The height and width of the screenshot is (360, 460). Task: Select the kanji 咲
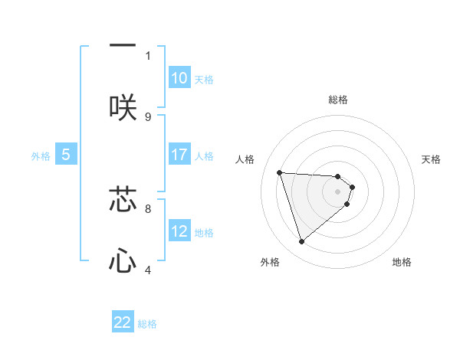[123, 107]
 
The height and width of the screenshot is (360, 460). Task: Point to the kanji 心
[123, 260]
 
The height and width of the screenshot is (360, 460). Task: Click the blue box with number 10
[179, 78]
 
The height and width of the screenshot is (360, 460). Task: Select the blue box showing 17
[179, 155]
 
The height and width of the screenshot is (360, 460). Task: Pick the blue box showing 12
[179, 231]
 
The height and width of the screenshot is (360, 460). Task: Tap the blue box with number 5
[66, 155]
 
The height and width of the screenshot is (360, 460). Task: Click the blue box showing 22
[123, 322]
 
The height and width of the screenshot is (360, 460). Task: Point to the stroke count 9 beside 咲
[148, 116]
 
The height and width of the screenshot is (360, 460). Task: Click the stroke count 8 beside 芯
[148, 208]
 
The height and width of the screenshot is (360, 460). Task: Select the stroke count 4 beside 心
[148, 270]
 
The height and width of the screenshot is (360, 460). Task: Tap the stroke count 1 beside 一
[148, 55]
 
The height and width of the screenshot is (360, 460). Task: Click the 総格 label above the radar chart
[338, 100]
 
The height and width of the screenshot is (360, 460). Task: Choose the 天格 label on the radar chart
[432, 159]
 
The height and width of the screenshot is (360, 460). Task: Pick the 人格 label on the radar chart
[245, 159]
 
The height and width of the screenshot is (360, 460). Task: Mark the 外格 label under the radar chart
[270, 262]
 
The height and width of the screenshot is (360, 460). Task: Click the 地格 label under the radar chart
[402, 262]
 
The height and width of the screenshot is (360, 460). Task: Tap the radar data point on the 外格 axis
[301, 242]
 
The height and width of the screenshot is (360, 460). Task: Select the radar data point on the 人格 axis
[279, 172]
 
